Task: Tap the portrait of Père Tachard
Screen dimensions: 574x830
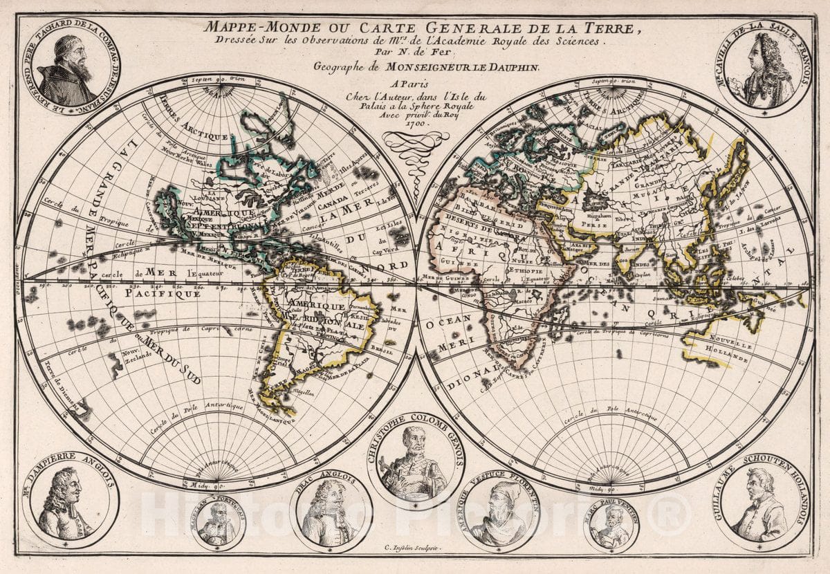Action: tap(67, 69)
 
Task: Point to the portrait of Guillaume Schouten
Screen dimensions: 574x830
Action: tap(762, 505)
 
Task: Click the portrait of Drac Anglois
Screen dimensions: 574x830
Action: tap(331, 512)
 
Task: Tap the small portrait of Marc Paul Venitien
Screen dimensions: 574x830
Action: tap(611, 526)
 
